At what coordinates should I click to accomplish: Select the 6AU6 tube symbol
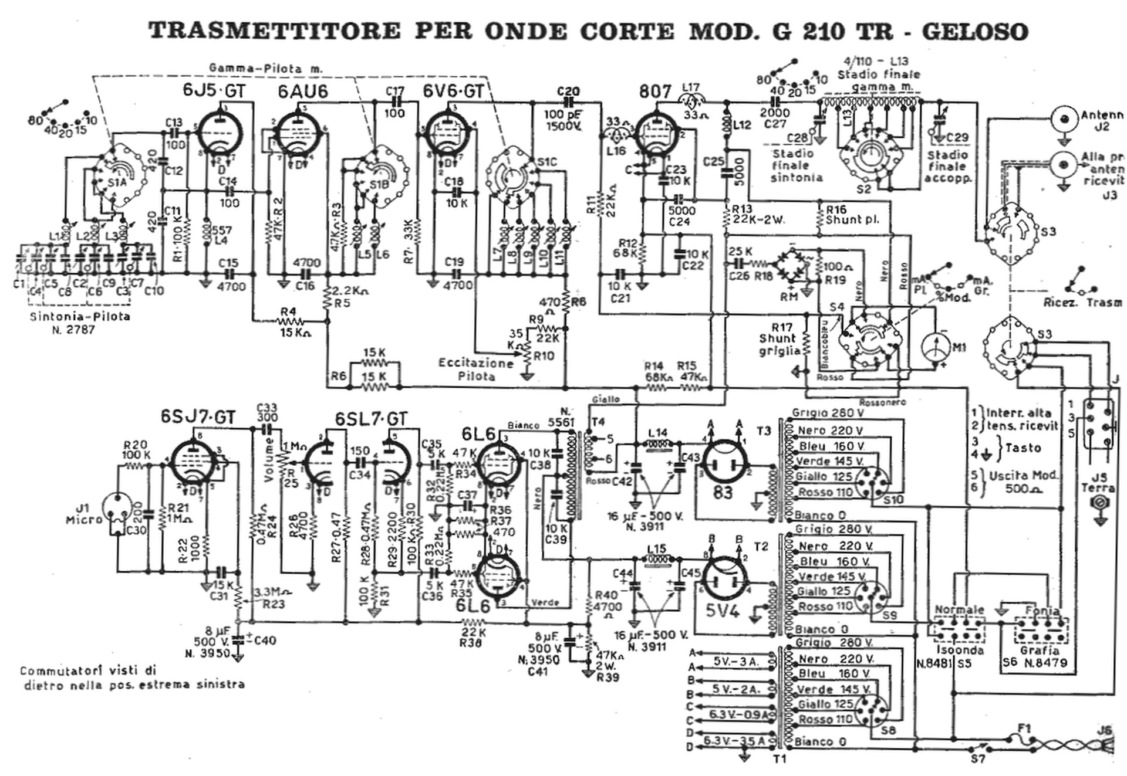pyautogui.click(x=298, y=137)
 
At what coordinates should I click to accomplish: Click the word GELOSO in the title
pyautogui.click(x=975, y=31)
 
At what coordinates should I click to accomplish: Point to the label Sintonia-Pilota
pyautogui.click(x=80, y=317)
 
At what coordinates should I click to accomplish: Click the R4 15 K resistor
pyautogui.click(x=291, y=321)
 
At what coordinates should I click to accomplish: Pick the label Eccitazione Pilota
pyautogui.click(x=475, y=370)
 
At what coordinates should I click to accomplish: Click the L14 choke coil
pyautogui.click(x=657, y=445)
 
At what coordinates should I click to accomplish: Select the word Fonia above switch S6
pyautogui.click(x=1042, y=610)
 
